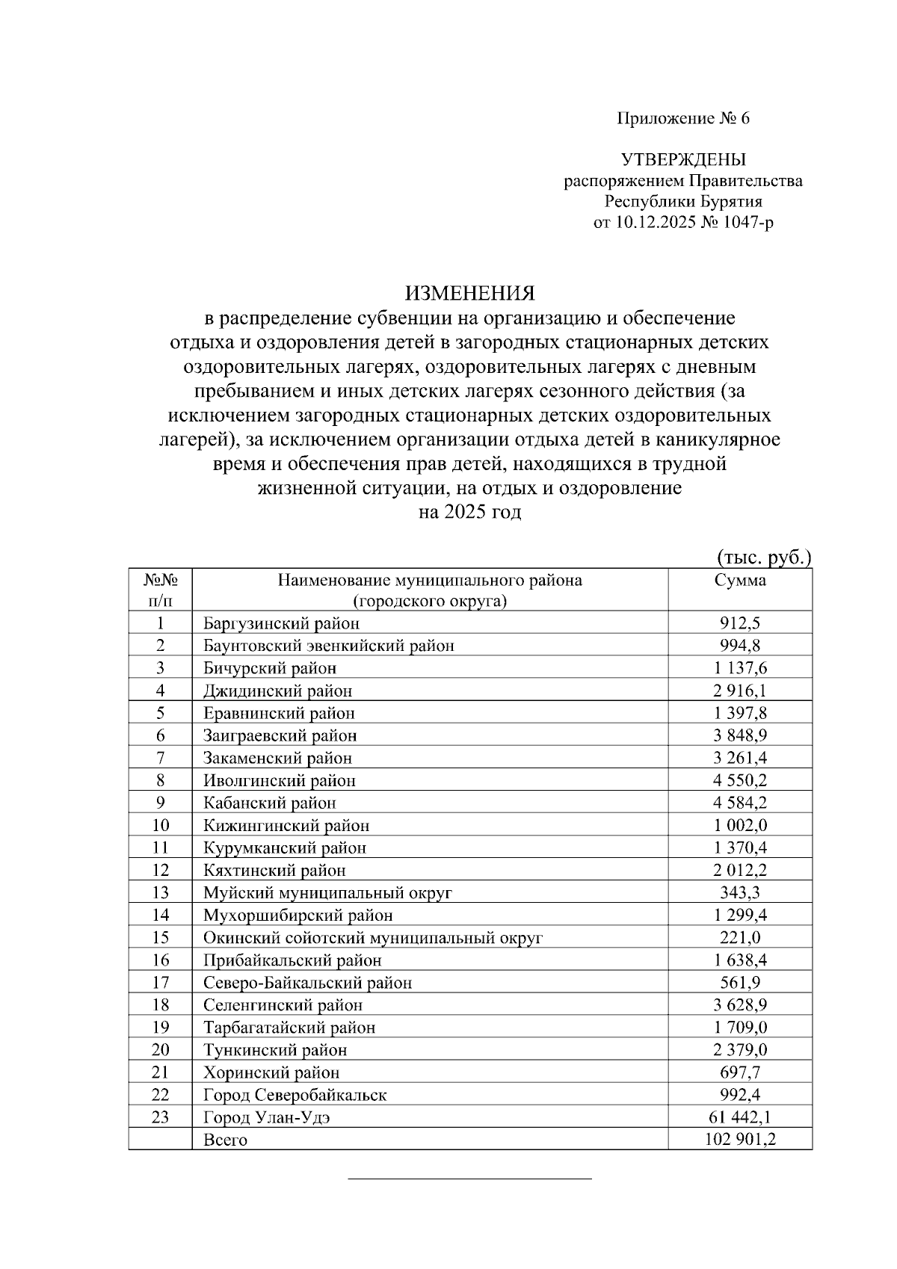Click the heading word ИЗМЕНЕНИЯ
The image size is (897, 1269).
[470, 293]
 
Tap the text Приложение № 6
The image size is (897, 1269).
[682, 119]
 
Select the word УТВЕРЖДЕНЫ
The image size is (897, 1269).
[682, 160]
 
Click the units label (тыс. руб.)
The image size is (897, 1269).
[763, 558]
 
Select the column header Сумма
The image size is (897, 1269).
[739, 581]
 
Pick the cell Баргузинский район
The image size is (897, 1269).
[281, 623]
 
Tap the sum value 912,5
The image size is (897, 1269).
[739, 623]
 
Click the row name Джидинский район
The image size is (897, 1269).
[277, 691]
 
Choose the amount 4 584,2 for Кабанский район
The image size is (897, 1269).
[739, 803]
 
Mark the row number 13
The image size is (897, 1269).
[160, 893]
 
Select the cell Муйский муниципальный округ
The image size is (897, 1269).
[327, 893]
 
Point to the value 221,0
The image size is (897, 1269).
[739, 938]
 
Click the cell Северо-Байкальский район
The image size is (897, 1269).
[307, 983]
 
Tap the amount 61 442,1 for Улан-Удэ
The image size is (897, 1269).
[739, 1118]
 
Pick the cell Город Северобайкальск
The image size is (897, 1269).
[295, 1096]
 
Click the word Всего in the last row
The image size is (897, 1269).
[225, 1140]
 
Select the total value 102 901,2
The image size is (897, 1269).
[739, 1140]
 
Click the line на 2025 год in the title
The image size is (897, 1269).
[470, 513]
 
